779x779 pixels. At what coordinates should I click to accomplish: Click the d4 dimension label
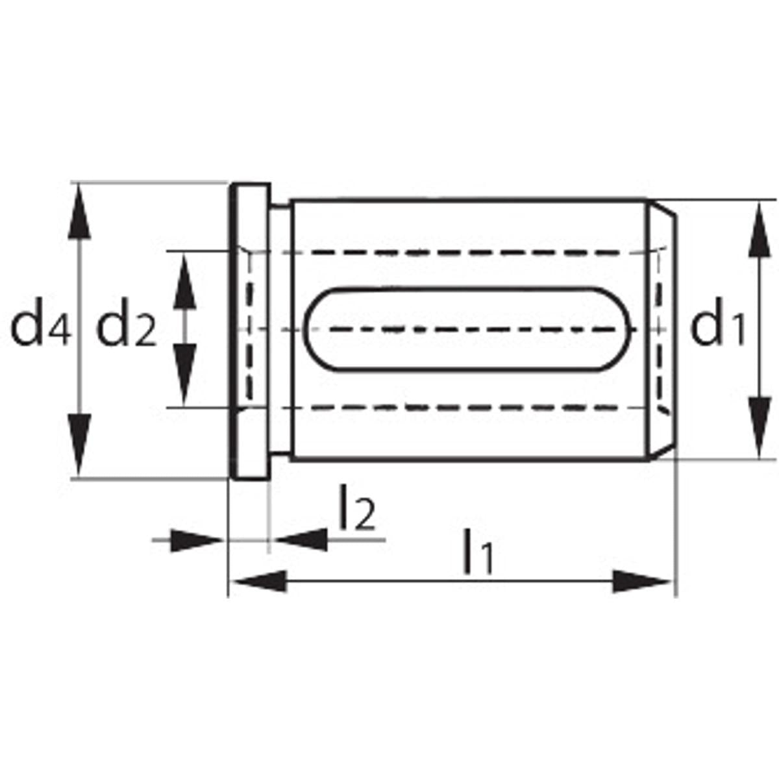pos(40,328)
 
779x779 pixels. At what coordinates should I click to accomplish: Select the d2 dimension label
pos(127,328)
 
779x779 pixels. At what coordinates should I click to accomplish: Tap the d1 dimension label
pos(717,328)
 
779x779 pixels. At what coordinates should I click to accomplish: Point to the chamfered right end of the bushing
pos(662,331)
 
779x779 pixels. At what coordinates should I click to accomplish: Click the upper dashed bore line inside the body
pos(454,252)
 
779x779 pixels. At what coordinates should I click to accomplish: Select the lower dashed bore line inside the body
pos(454,408)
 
